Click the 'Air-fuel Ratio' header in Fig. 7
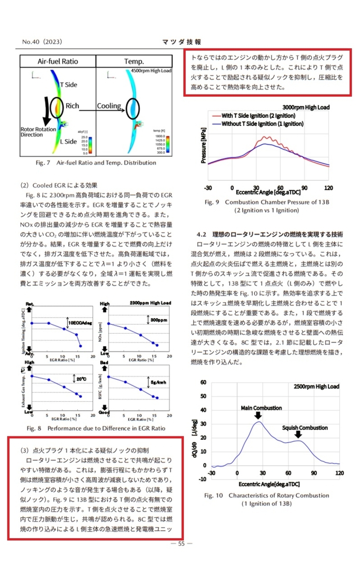click(x=58, y=62)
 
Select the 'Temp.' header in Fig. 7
click(x=134, y=62)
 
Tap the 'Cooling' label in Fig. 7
click(x=109, y=106)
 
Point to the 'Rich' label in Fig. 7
click(x=72, y=106)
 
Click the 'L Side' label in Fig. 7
click(x=68, y=141)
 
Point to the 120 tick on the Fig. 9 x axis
click(x=328, y=188)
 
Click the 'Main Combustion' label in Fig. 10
click(x=261, y=408)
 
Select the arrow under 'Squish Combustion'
click(x=298, y=435)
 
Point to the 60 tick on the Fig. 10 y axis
click(x=203, y=382)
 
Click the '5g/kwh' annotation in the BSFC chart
click(x=158, y=382)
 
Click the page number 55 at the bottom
click(x=181, y=544)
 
